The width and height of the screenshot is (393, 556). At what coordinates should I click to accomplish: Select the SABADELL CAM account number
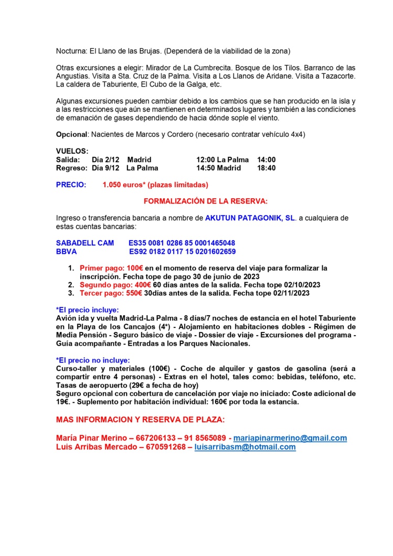tap(182, 243)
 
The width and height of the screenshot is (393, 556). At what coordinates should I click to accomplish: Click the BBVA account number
tap(182, 251)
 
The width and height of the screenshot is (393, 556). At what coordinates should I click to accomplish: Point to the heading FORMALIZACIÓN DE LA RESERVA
tap(206, 201)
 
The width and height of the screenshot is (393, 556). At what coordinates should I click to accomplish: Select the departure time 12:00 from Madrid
tap(206, 159)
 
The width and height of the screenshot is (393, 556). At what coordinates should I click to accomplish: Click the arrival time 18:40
tap(267, 168)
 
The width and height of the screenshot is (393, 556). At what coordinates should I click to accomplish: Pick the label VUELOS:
tap(72, 151)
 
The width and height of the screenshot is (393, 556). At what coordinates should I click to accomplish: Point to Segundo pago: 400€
tap(111, 284)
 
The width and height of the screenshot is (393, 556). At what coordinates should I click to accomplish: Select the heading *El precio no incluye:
tap(92, 361)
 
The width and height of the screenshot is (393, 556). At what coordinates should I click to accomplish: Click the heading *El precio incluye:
tap(87, 309)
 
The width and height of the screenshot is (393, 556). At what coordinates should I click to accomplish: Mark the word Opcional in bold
tap(71, 134)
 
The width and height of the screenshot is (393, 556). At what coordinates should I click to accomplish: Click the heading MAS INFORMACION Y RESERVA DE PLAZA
tap(140, 420)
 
